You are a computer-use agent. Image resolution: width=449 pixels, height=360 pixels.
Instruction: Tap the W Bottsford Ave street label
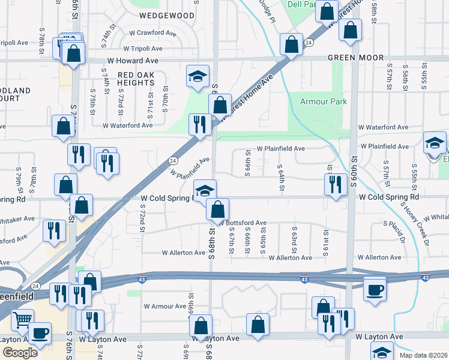[243, 223]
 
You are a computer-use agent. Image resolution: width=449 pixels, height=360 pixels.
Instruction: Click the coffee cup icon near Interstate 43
[375, 290]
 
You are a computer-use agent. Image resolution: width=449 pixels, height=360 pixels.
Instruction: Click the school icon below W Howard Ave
[197, 76]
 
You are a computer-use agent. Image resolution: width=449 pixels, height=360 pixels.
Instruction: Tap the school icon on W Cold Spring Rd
[205, 191]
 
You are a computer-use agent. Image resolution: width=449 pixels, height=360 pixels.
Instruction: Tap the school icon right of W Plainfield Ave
[435, 144]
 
